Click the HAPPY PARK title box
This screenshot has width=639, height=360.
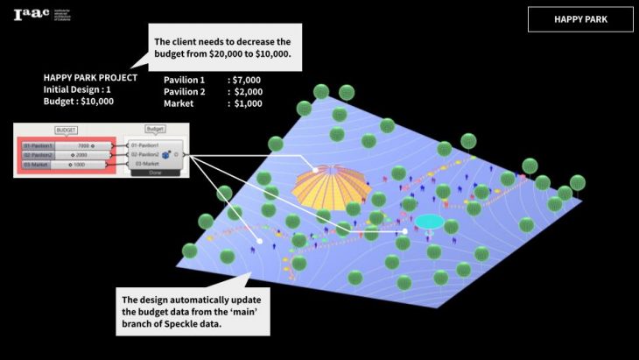coord(580,19)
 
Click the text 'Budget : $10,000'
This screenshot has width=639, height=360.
coord(79,101)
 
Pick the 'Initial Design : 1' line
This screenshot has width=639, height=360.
coord(77,89)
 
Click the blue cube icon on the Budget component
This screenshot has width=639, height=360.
coord(165,155)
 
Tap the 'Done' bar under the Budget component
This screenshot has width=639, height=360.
coord(155,173)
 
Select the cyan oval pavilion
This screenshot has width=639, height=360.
coord(428,222)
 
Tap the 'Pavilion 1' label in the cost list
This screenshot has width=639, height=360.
coord(184,80)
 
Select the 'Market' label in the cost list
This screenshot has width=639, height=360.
coord(178,103)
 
